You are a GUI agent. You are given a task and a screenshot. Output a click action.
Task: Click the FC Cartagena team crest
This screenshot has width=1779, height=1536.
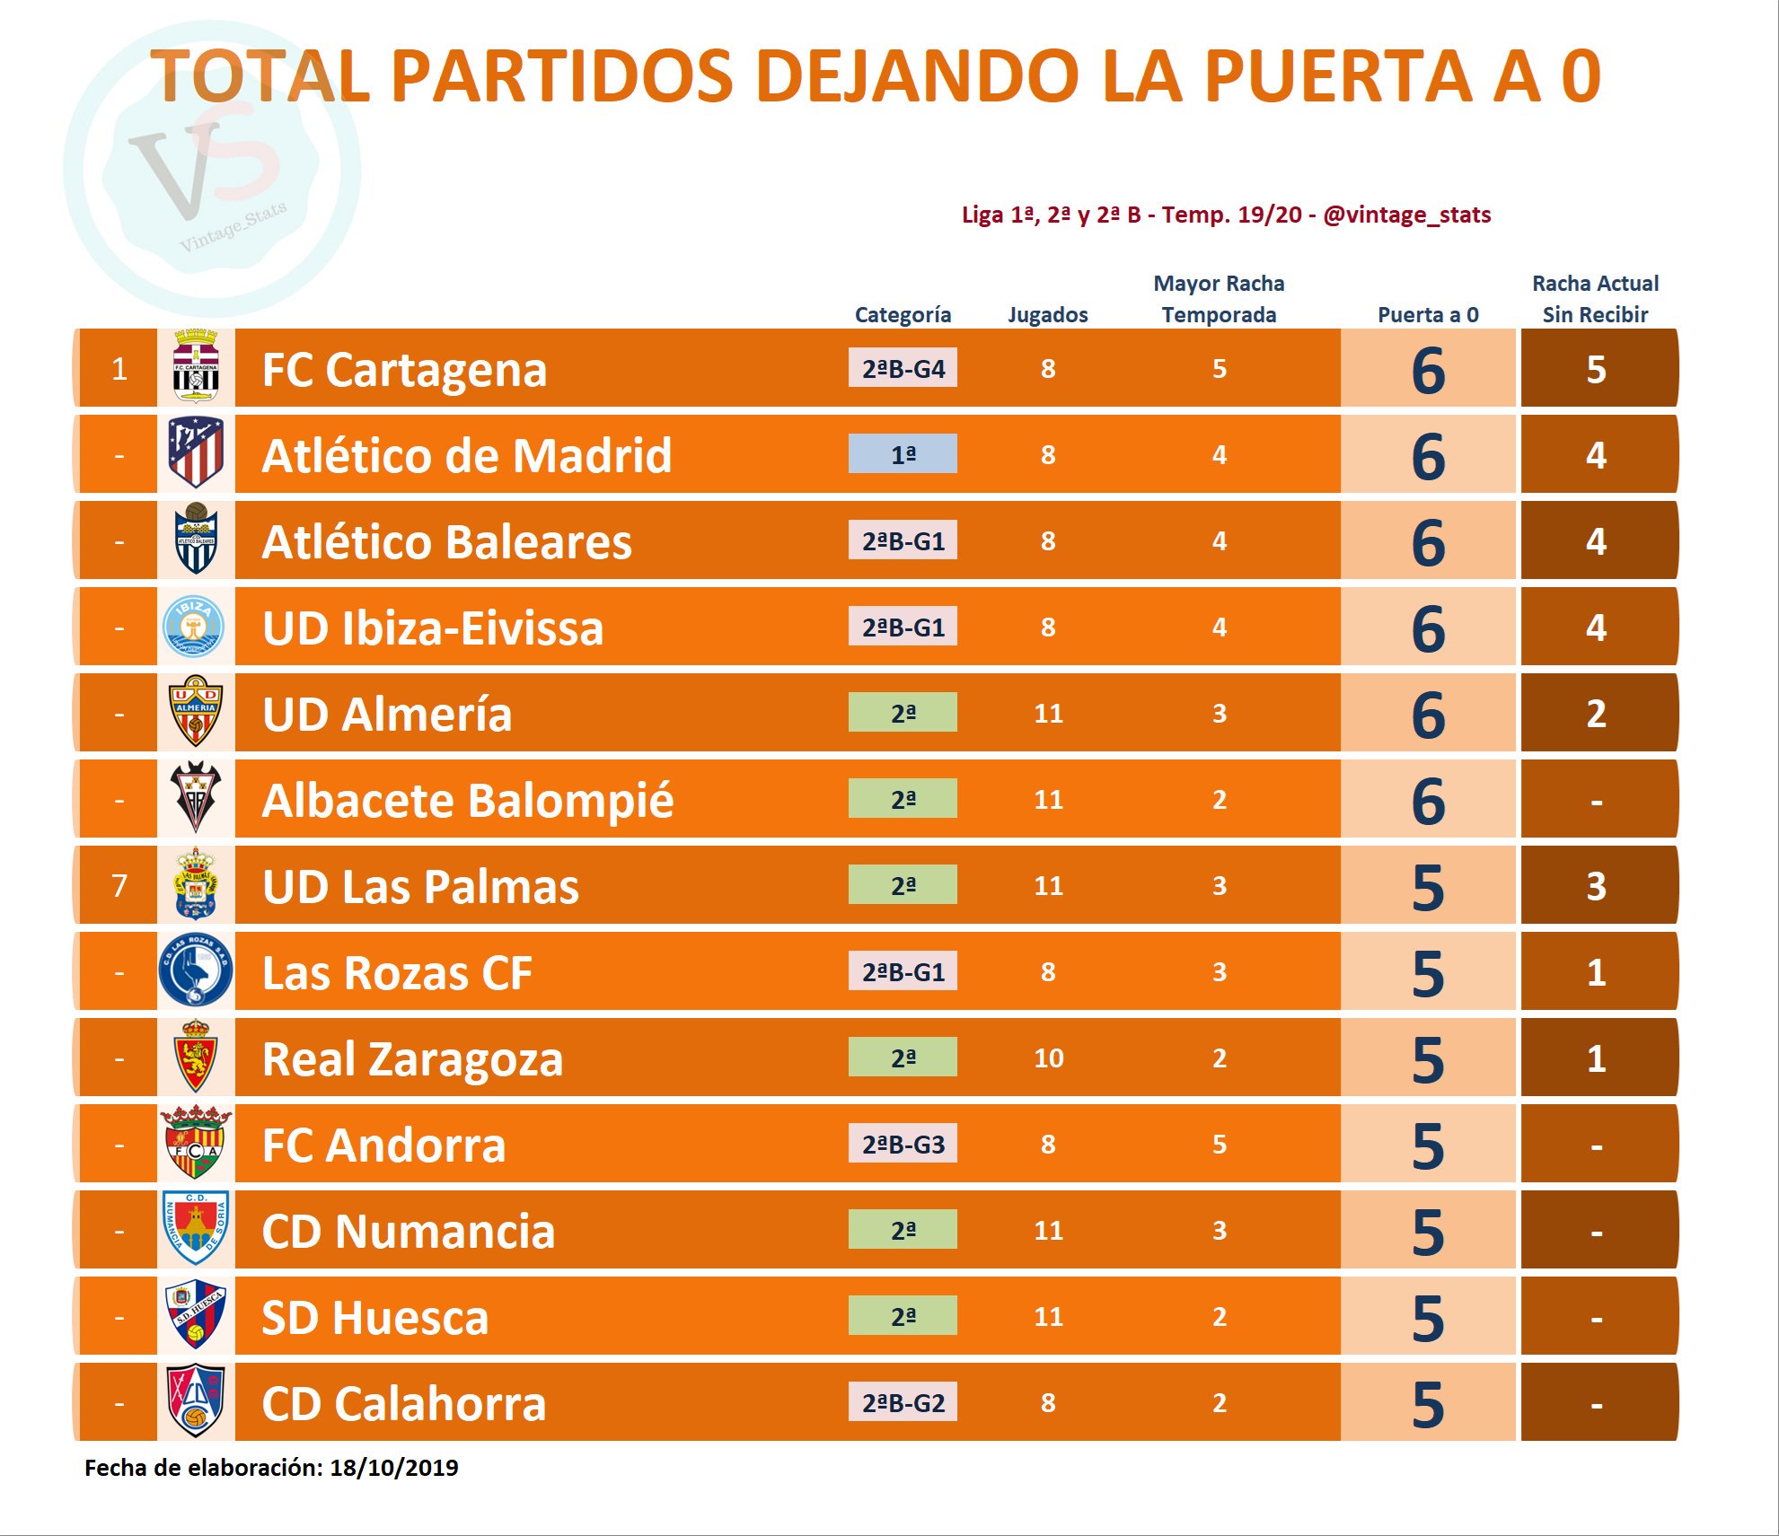tap(196, 367)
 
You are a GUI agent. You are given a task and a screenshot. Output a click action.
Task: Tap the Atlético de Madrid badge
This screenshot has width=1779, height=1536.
tap(196, 453)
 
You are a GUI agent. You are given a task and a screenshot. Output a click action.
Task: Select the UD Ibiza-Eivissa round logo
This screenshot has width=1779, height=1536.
tap(194, 626)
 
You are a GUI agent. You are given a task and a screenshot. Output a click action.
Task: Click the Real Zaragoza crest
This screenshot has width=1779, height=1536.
tap(196, 1057)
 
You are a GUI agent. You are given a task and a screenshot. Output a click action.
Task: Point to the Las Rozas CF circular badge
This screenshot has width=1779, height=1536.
tap(196, 970)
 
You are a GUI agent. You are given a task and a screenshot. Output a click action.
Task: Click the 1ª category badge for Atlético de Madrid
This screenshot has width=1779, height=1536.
tap(903, 454)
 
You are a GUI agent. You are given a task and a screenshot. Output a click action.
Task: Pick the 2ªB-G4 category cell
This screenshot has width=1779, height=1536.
tap(903, 368)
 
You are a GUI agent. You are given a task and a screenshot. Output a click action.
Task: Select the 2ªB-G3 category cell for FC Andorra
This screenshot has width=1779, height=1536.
tap(903, 1144)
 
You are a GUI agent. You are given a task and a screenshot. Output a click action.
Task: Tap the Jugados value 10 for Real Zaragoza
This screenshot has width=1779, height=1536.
tap(1048, 1058)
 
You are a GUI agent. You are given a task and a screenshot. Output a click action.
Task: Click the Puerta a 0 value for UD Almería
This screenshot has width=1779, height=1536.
tap(1428, 715)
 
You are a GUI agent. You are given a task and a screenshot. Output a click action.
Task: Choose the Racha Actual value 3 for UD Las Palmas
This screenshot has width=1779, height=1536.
tap(1596, 886)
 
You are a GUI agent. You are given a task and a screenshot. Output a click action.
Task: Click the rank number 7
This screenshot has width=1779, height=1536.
tap(119, 886)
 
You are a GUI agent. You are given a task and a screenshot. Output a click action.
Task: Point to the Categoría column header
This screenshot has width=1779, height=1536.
tap(903, 314)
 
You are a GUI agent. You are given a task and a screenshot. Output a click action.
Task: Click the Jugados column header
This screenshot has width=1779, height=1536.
tap(1047, 314)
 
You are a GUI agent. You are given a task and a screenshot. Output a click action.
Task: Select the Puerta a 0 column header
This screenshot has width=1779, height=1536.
tap(1428, 314)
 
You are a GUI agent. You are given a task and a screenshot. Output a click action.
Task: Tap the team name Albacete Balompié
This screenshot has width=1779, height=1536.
tap(467, 800)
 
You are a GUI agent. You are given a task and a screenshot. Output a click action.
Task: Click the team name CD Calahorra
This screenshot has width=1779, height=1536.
tap(403, 1403)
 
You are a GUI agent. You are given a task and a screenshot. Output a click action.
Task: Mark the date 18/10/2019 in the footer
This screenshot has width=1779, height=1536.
tap(393, 1468)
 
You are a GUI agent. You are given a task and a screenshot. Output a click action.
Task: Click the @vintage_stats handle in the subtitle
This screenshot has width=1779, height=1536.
tap(1406, 215)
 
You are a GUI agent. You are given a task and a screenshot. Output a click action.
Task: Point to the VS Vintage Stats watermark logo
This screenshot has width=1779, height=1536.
tap(212, 169)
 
